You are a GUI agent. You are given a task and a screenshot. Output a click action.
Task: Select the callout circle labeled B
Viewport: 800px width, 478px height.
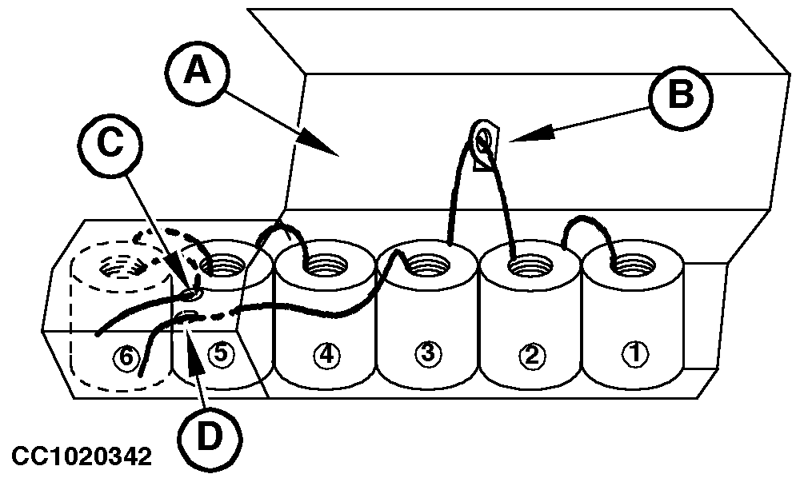click(x=681, y=95)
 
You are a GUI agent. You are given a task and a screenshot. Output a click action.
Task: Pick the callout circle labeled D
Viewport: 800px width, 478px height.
click(x=210, y=433)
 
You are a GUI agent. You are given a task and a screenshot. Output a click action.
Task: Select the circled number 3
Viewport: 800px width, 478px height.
click(x=427, y=353)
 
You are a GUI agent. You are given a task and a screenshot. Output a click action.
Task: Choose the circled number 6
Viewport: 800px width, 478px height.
click(x=123, y=357)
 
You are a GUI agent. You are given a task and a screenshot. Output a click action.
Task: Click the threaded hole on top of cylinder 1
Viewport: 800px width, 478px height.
click(x=633, y=261)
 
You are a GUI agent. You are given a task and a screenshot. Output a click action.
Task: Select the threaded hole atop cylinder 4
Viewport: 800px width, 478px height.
click(x=325, y=261)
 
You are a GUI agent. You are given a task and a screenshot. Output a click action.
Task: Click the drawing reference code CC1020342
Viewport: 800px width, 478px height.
click(x=81, y=457)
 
